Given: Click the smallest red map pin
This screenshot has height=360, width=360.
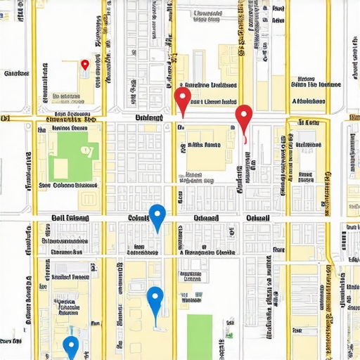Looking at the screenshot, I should point(85,65).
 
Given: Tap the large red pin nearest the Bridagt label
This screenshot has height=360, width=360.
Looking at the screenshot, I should point(182,99).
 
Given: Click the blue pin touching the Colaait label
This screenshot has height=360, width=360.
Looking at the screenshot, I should point(157,215).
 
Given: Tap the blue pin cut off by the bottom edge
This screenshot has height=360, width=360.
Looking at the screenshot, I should point(70,347).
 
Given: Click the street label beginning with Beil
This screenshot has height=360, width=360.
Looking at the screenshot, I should point(70,219).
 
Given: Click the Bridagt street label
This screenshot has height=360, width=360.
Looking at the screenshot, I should point(149,117).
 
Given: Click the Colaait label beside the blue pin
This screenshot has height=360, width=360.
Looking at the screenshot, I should point(138,219).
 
